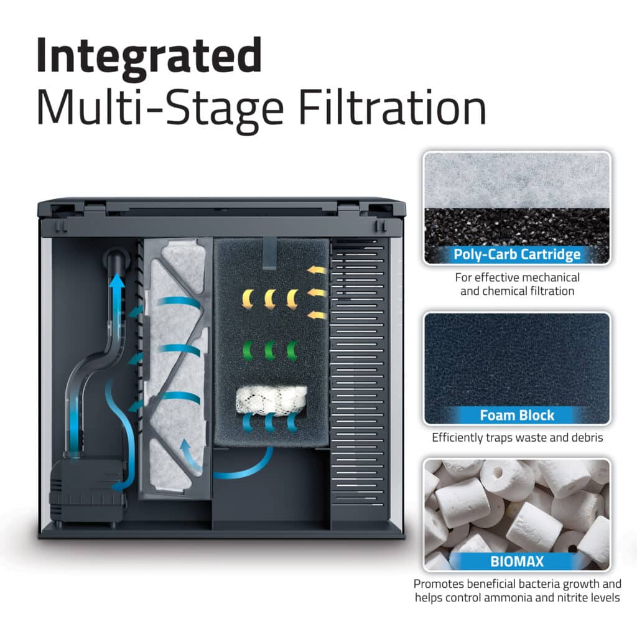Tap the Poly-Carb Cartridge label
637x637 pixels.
517,254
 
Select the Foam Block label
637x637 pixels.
517,415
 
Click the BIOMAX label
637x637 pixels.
517,562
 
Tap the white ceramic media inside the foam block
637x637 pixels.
271,398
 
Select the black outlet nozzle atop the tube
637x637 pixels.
116,256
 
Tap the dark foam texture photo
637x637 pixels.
517,361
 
